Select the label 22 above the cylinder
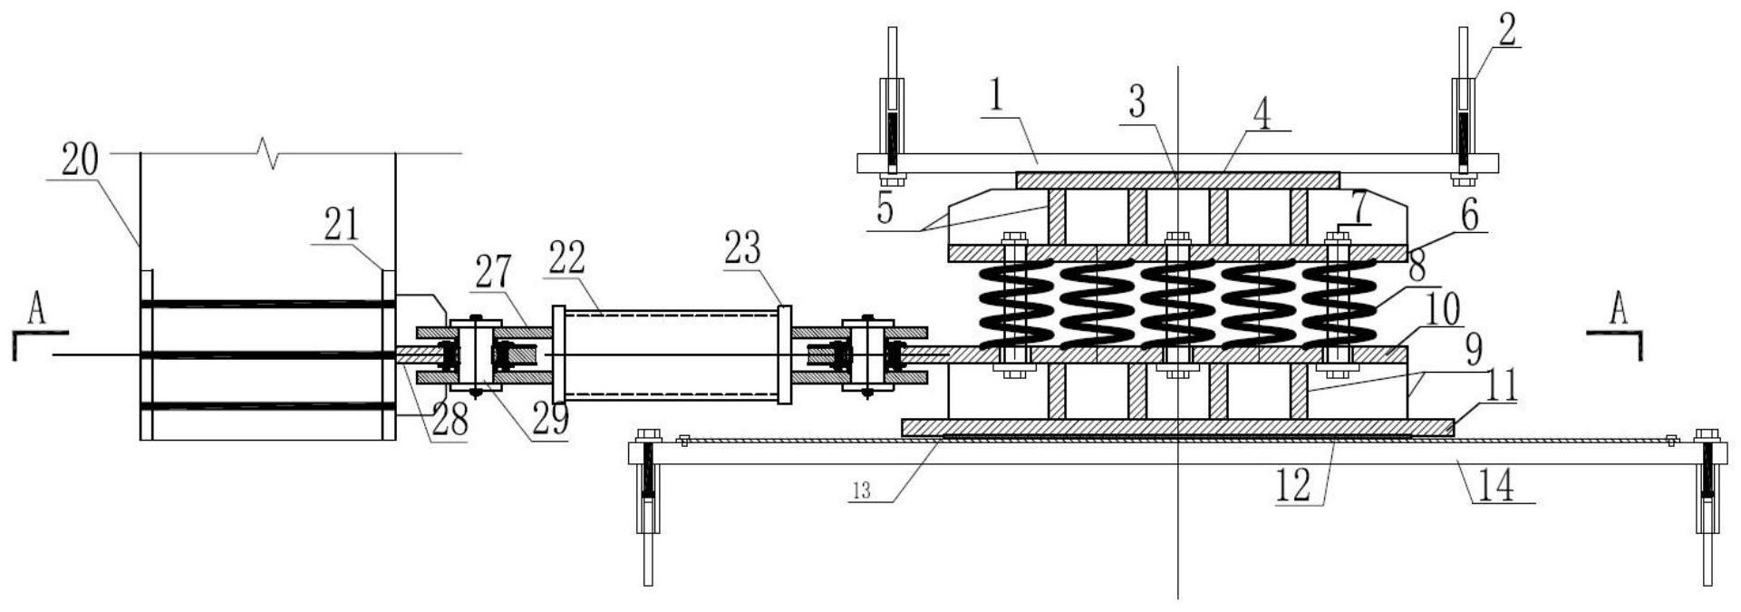point(569,258)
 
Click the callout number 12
point(1294,487)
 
